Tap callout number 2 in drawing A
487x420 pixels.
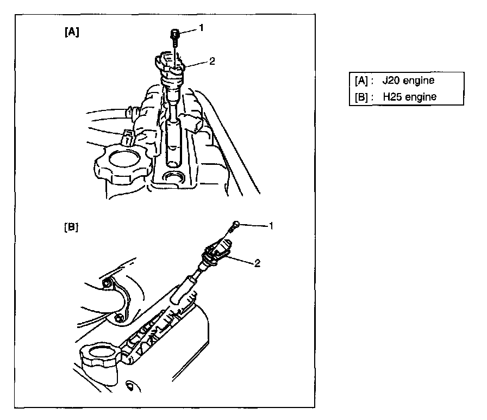[x=211, y=61]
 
